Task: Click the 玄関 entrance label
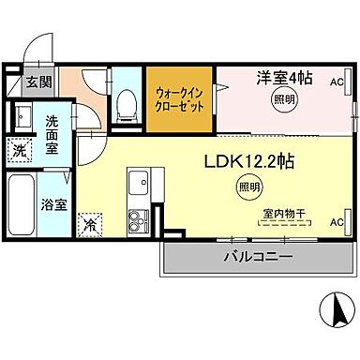(39, 82)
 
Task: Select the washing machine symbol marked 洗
(20, 149)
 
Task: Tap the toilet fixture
(125, 103)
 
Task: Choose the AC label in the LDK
(337, 222)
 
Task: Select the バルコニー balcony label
(257, 256)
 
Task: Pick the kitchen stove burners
(138, 221)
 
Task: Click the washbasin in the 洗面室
(22, 118)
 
